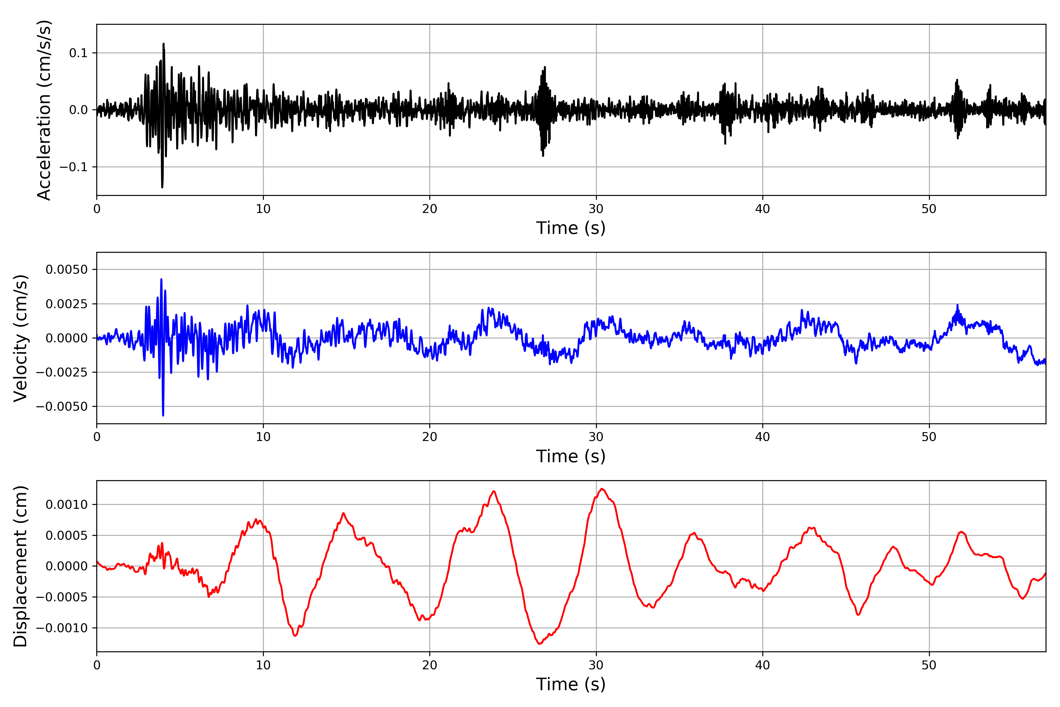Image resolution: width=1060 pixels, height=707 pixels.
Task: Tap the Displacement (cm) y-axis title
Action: coord(21,566)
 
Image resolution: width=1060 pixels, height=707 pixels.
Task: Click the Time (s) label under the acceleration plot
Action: coord(571,228)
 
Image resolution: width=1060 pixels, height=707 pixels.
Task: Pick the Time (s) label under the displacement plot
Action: coord(571,684)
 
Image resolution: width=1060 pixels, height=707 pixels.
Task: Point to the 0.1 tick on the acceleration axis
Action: coord(78,53)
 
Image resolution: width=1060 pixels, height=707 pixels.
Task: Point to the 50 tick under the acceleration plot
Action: coord(929,209)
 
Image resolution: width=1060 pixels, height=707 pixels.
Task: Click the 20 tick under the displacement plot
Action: coord(430,665)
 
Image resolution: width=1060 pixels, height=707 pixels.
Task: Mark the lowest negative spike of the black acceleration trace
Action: coord(162,187)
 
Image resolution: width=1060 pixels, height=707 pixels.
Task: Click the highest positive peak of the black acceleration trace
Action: coord(164,44)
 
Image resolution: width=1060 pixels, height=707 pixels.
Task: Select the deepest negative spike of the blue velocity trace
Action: coord(163,415)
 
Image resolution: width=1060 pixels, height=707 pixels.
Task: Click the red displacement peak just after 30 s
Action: coord(602,489)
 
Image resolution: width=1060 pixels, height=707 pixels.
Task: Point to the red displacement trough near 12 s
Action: coord(295,636)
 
